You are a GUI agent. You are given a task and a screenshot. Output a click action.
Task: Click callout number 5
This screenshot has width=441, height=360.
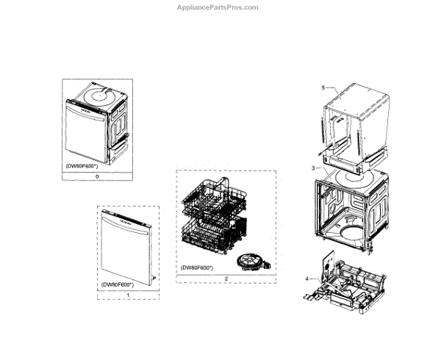tap(322, 87)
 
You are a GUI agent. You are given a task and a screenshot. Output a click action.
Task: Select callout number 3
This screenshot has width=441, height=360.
tap(313, 168)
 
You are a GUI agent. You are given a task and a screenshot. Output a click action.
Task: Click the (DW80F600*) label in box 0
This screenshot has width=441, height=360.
tap(83, 166)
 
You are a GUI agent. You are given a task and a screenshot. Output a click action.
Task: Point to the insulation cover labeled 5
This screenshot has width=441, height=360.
tap(356, 118)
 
